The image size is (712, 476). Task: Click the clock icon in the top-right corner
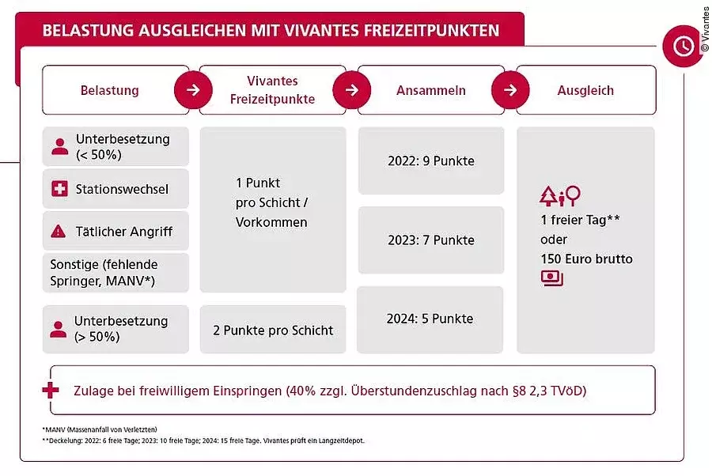(682, 47)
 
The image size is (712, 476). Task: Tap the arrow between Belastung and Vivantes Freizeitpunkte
(194, 90)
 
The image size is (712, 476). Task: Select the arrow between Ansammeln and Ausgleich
(510, 90)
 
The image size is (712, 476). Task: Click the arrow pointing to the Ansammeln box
(352, 90)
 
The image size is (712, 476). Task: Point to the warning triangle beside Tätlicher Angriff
(59, 232)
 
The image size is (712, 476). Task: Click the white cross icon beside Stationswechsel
(59, 189)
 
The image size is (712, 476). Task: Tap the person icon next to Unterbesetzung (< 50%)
(59, 146)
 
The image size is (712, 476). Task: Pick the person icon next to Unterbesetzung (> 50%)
(59, 329)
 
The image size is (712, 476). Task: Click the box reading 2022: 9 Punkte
(431, 161)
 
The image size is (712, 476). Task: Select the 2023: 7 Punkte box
(431, 240)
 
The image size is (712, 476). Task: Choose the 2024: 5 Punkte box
(430, 319)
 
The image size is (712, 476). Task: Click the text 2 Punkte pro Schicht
(273, 330)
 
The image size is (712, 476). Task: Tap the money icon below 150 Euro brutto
(552, 278)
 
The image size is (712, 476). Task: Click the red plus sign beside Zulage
(51, 391)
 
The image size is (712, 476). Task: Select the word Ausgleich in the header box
(585, 90)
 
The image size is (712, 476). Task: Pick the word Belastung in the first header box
(109, 90)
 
